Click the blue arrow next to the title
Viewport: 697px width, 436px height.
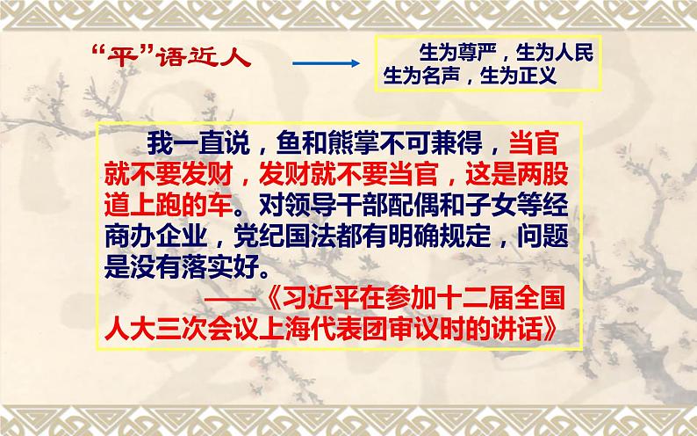pyautogui.click(x=324, y=63)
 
